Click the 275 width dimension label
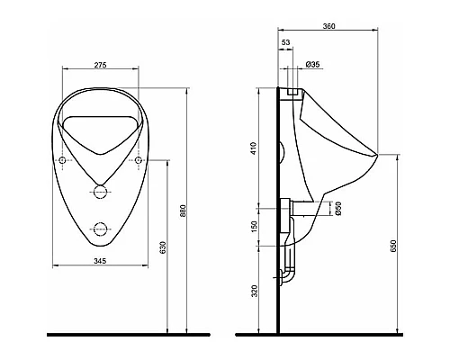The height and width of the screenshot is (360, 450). pyautogui.click(x=101, y=66)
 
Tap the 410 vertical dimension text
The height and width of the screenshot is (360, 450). pyautogui.click(x=256, y=148)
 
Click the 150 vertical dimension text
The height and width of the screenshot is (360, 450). pyautogui.click(x=256, y=226)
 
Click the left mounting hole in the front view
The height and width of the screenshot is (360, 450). pyautogui.click(x=62, y=160)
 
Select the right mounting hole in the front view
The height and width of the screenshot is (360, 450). pyautogui.click(x=139, y=160)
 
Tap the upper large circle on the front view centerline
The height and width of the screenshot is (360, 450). pyautogui.click(x=101, y=192)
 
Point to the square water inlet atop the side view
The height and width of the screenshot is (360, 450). pyautogui.click(x=292, y=91)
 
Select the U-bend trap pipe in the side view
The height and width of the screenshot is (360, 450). pyautogui.click(x=290, y=270)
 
